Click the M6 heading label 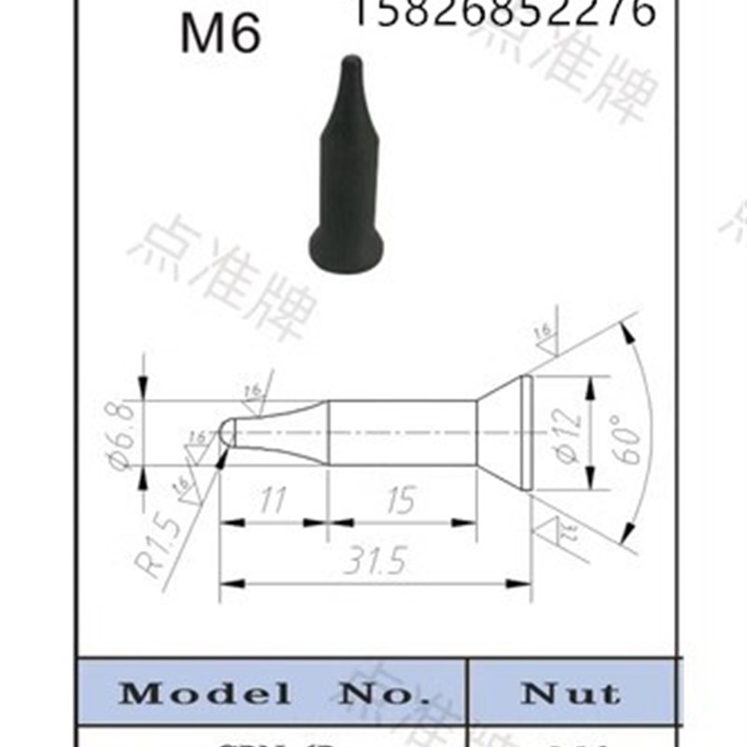pyautogui.click(x=220, y=34)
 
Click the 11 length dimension pyautogui.click(x=272, y=501)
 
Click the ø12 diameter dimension pyautogui.click(x=572, y=434)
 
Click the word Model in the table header pyautogui.click(x=204, y=693)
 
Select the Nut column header pyautogui.click(x=571, y=693)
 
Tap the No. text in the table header pyautogui.click(x=378, y=693)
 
